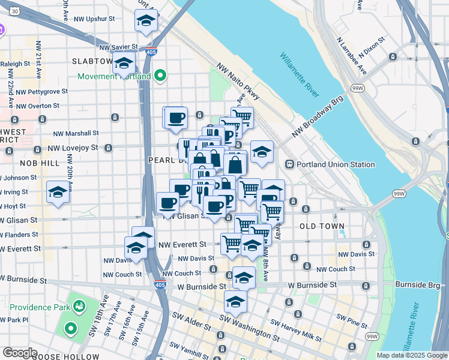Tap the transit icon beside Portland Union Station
pos(289,164)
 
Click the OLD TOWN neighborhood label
pos(322,226)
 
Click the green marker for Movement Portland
pos(160,76)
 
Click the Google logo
pos(19,353)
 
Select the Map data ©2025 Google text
pos(412,355)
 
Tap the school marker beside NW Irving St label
pos(58,192)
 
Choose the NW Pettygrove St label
pos(42,92)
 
